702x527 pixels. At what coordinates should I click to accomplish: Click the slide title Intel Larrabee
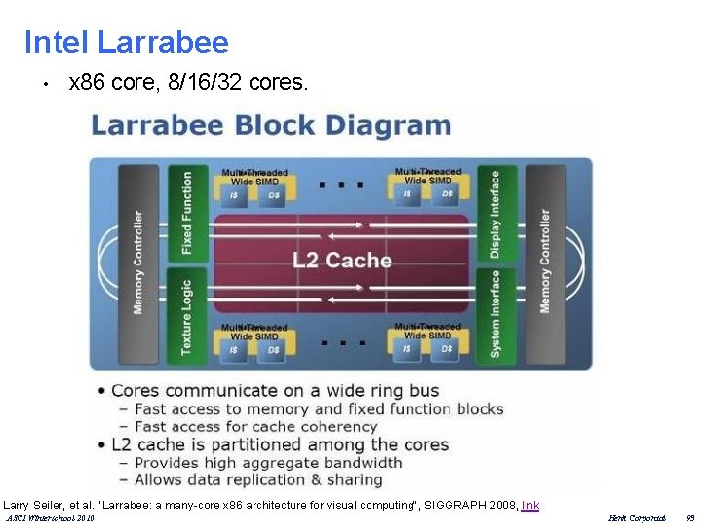(126, 42)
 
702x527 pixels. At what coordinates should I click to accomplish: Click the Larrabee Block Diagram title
(271, 126)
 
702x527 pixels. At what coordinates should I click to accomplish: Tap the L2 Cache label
(342, 260)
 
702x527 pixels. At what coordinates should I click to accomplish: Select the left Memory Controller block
(138, 262)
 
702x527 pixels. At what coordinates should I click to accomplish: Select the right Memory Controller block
(545, 262)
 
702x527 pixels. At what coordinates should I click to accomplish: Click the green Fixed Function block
(188, 213)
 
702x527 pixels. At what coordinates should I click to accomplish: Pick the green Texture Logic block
(188, 317)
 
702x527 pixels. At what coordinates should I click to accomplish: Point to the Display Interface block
(495, 213)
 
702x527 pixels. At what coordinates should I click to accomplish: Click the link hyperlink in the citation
(530, 506)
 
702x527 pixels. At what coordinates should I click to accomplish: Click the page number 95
(689, 518)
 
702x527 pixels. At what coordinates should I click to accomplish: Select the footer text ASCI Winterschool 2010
(50, 518)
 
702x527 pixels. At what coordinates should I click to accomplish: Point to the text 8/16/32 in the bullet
(206, 83)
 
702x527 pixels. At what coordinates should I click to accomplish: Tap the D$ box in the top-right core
(447, 194)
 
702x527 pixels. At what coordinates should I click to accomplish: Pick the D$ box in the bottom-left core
(273, 349)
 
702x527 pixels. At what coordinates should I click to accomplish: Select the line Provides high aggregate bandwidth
(267, 463)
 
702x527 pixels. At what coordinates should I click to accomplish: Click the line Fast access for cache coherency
(255, 426)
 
